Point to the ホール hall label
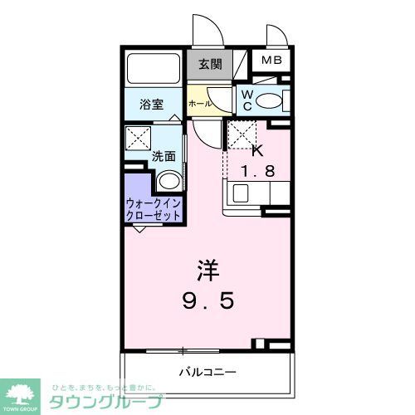coord(199,104)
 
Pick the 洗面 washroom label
coord(163,155)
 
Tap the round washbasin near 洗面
coord(169,181)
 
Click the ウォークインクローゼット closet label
coord(154,208)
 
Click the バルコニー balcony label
coord(208,370)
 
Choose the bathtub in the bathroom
coord(154,69)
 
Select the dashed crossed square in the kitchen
coord(239,134)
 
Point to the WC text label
coord(247,100)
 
